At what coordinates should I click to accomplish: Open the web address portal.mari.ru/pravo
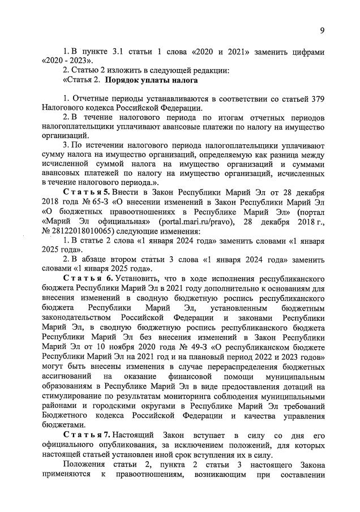click(x=190, y=221)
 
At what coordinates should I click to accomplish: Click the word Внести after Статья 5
click(x=127, y=193)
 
